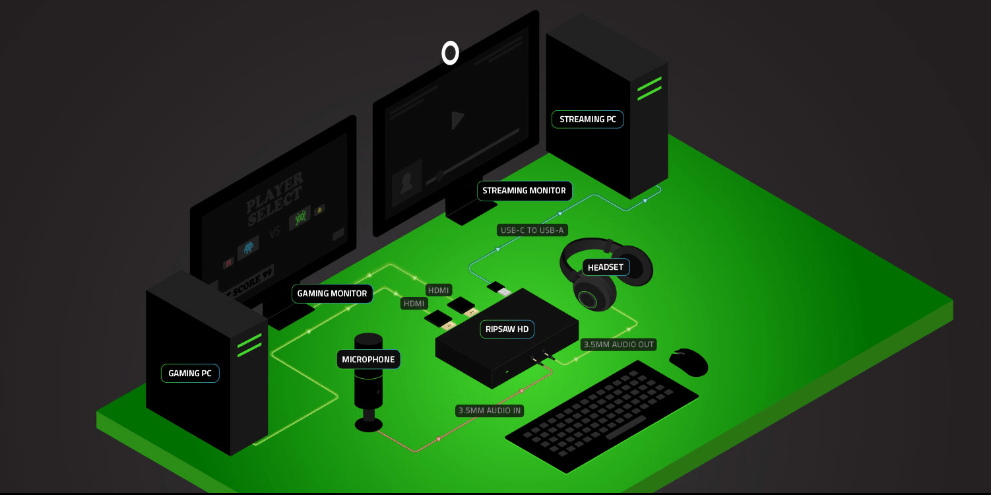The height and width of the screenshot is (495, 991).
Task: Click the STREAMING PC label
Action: tap(587, 119)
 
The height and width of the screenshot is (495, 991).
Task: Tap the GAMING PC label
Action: tap(190, 374)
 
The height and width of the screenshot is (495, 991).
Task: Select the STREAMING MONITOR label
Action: tap(524, 191)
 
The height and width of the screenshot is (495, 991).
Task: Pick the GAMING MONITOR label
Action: tap(332, 294)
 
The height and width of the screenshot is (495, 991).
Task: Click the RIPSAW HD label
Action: tap(507, 329)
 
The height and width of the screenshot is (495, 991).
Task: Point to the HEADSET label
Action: tap(605, 267)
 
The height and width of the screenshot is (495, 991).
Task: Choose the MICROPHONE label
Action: tap(368, 360)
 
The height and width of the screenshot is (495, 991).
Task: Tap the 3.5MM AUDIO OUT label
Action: tap(618, 345)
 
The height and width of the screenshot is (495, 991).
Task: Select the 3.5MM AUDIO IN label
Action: tap(490, 411)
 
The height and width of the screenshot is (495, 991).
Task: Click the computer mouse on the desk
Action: tap(689, 362)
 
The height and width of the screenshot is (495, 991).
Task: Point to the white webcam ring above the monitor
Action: tap(450, 53)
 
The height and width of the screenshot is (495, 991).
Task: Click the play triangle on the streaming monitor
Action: tap(457, 120)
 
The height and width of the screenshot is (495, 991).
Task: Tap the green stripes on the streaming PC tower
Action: tap(649, 88)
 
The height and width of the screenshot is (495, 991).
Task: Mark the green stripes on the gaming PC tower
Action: tap(249, 345)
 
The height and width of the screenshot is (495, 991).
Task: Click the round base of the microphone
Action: tap(368, 424)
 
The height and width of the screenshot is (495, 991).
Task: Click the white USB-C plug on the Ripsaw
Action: tap(504, 291)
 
